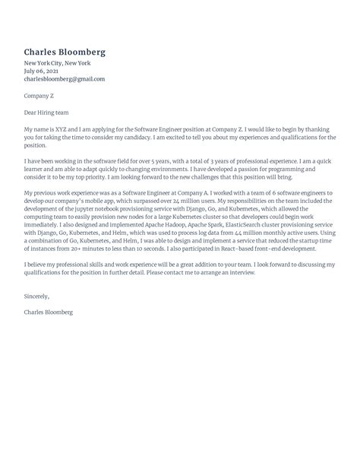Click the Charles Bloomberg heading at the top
[x=65, y=52]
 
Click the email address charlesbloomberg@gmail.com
[x=65, y=79]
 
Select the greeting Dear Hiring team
[x=49, y=111]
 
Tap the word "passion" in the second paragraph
[x=254, y=171]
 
